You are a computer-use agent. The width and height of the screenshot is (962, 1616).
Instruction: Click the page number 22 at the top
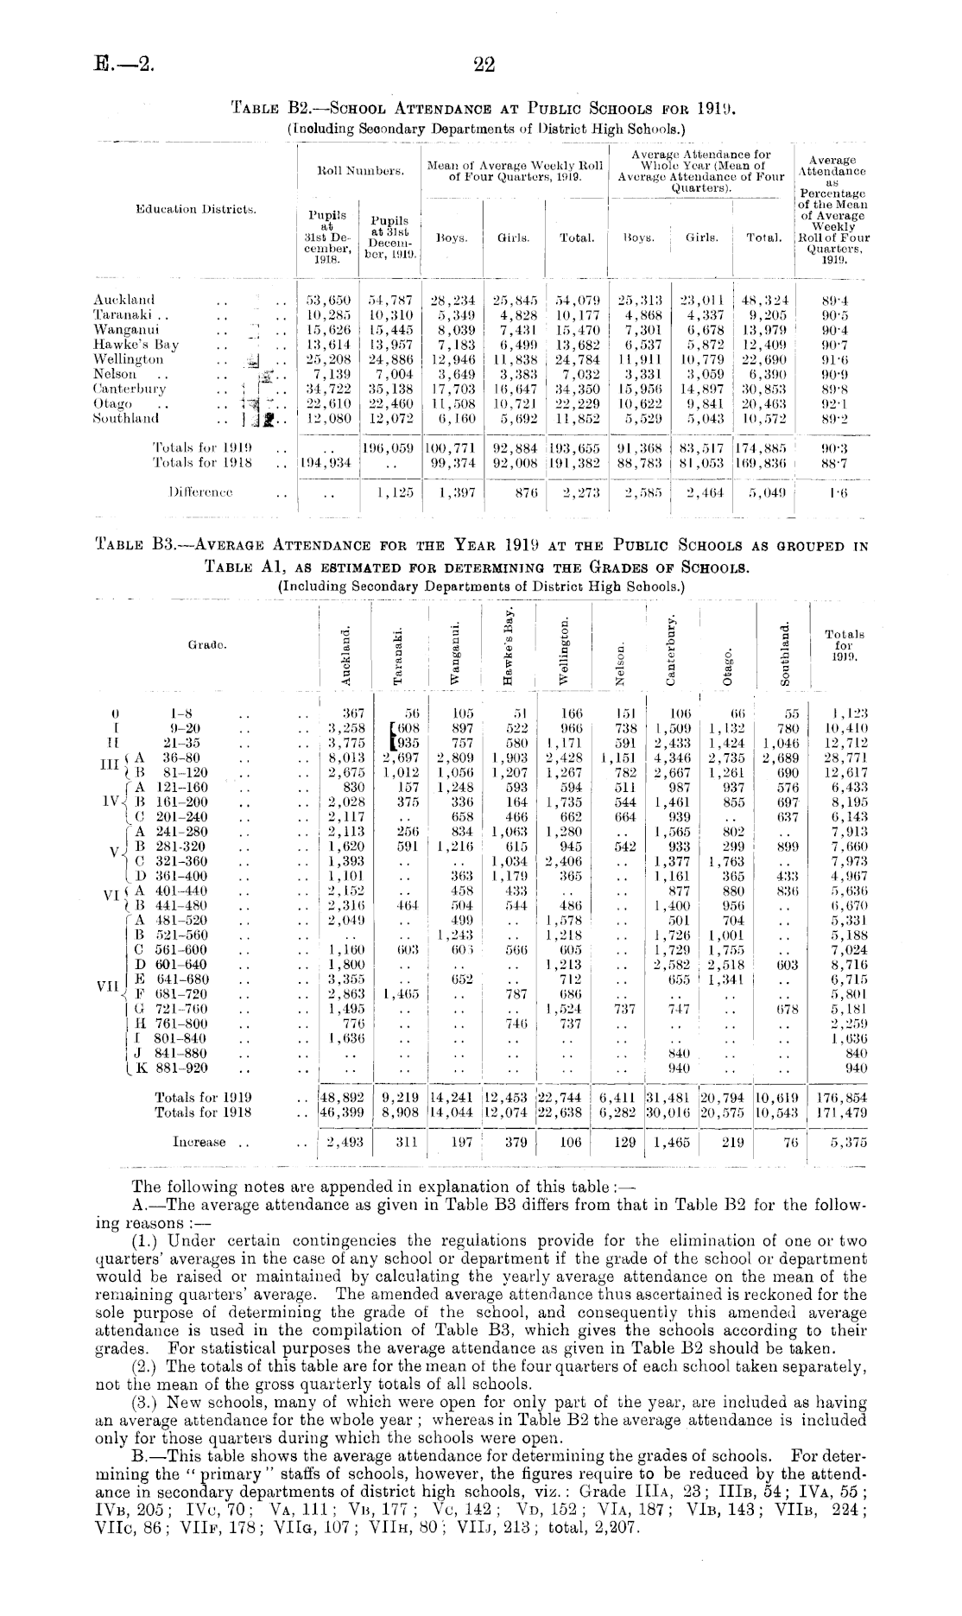484,63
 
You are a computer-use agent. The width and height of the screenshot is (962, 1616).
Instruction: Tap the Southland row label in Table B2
126,418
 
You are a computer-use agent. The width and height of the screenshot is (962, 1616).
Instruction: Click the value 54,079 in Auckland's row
578,300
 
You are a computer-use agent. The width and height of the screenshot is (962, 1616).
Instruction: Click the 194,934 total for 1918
323,463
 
